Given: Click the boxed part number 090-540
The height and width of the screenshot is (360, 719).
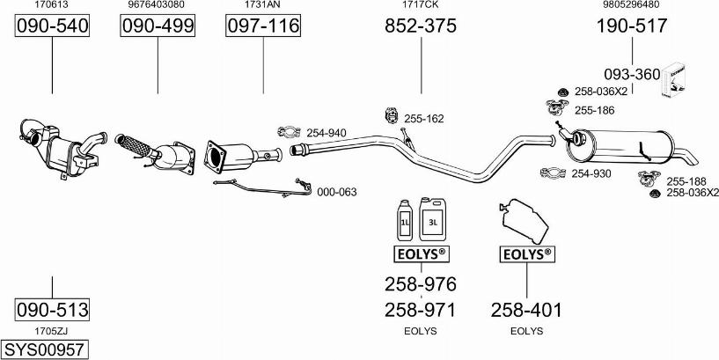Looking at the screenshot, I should pos(53,27).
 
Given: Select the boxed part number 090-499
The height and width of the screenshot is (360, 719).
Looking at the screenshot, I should pos(158,27).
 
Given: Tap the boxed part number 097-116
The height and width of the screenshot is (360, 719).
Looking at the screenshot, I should pos(263,27).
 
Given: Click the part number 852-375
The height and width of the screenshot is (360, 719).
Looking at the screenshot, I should pos(421,27).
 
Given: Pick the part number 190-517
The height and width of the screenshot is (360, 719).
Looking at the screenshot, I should pos(631,27).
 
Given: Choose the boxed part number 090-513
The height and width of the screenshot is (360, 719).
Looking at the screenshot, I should pos(52,310).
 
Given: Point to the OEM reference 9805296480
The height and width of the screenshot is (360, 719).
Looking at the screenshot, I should pos(631,5).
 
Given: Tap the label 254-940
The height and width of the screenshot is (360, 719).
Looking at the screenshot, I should pos(326,133).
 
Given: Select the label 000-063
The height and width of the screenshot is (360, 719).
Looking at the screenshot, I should pos(336,191).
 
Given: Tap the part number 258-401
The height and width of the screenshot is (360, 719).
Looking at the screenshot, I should pos(526,310).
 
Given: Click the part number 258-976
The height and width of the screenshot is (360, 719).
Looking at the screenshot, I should pos(421,284).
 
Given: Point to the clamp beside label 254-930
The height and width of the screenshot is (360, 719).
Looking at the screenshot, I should pos(553,174).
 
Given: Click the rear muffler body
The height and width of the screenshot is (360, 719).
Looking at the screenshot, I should pos(628,145).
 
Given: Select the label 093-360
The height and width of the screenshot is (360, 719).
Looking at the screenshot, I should pos(631,75).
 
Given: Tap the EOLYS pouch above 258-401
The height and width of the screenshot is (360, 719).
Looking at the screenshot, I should pos(525,220).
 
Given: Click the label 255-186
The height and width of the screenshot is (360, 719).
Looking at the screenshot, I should pos(594,110).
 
